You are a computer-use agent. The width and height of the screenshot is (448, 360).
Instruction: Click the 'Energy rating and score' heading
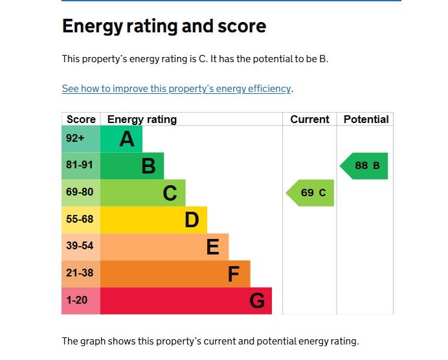point(164,26)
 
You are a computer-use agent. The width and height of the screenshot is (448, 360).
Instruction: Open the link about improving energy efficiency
point(177,88)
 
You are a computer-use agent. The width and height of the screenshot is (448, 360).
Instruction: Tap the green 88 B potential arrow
point(364,166)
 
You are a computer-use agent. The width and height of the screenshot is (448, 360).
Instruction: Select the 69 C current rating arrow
point(311,193)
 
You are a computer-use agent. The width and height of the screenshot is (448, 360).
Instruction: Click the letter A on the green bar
point(127,139)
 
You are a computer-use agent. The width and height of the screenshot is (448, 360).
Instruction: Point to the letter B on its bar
point(148,166)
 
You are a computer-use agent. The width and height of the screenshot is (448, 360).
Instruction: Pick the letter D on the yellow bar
point(192,220)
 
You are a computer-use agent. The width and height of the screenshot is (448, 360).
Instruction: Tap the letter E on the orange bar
point(213,247)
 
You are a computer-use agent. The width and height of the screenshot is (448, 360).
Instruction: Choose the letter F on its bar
point(234,274)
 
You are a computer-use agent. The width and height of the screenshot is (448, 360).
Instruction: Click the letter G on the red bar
point(257,301)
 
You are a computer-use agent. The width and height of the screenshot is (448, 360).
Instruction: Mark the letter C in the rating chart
point(170,193)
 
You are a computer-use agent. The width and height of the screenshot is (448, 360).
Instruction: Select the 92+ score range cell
point(75,139)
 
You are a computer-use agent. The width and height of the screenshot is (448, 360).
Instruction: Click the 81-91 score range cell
point(80,165)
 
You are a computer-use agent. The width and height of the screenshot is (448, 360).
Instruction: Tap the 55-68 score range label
point(80,219)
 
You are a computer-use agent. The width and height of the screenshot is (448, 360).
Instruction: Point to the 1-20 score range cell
point(76,300)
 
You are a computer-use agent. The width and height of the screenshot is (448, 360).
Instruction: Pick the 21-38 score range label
point(80,273)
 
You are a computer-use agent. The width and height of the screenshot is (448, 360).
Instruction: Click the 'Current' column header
point(309,119)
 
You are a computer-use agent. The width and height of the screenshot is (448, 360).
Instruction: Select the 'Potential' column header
point(366,119)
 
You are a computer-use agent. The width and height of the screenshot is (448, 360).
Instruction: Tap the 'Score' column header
point(81,119)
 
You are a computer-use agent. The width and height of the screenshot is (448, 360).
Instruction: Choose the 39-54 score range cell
point(80,246)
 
